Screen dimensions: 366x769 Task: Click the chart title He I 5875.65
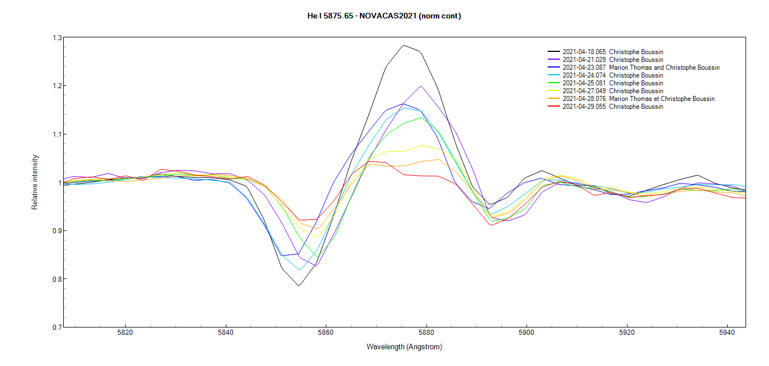(384, 16)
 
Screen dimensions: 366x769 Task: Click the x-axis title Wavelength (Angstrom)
(404, 346)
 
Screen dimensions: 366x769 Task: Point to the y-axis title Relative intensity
(35, 182)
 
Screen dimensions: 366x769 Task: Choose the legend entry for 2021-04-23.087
(640, 68)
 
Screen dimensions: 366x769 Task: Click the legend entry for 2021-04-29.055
(613, 107)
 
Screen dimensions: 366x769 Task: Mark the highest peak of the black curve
(404, 45)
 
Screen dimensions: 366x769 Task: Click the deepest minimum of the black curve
(299, 286)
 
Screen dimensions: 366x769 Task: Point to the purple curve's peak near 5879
(421, 86)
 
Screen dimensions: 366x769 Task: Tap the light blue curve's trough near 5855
(300, 269)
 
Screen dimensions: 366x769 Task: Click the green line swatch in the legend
(554, 83)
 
